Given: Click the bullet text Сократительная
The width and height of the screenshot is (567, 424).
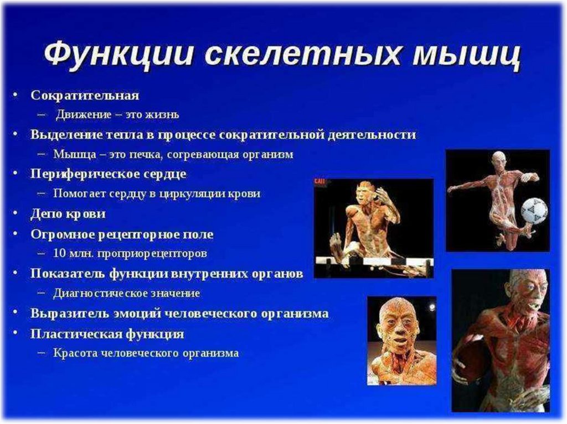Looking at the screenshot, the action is pos(85,95).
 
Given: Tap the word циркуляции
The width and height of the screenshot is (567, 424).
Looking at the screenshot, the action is pos(191,194).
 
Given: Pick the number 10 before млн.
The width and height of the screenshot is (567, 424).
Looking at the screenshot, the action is pos(59,253).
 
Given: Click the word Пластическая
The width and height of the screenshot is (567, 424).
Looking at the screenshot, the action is pos(75,333).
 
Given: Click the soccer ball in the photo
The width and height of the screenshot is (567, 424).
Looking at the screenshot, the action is pos(534,210).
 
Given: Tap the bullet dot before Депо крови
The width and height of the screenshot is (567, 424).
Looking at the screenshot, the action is pos(15,213).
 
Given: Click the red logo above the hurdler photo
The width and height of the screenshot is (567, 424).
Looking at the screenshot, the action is pos(319,181).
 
